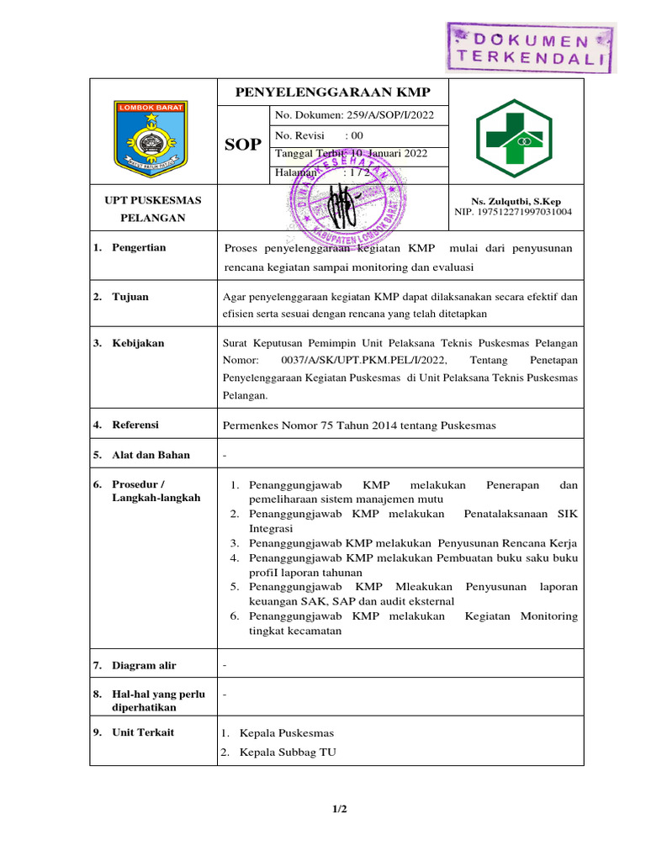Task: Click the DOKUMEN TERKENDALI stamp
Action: [x=530, y=48]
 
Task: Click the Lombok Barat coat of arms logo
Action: [x=151, y=135]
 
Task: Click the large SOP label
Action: [x=243, y=145]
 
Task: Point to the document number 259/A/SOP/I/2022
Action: [x=354, y=116]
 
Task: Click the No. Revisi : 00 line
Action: [x=319, y=135]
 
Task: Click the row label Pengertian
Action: [x=139, y=247]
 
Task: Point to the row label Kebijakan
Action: [x=138, y=343]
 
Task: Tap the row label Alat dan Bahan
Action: [x=151, y=455]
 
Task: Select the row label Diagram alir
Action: [x=144, y=665]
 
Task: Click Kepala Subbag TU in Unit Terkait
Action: [x=287, y=753]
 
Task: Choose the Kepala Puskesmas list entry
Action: [x=286, y=732]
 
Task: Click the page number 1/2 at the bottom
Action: [x=339, y=810]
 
